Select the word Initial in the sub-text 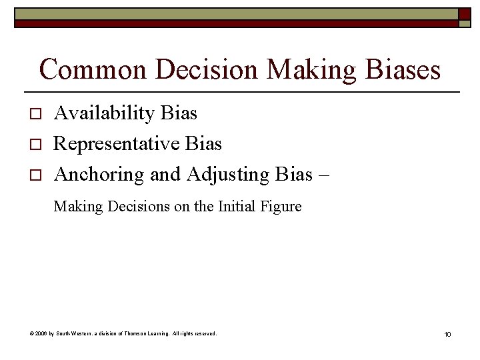(236, 207)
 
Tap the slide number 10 (447, 333)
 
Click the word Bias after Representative (204, 143)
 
